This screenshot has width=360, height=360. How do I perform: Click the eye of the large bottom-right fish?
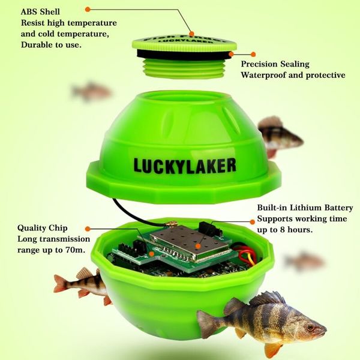pos(309,328)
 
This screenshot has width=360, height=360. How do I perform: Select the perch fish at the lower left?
pos(81,283)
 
